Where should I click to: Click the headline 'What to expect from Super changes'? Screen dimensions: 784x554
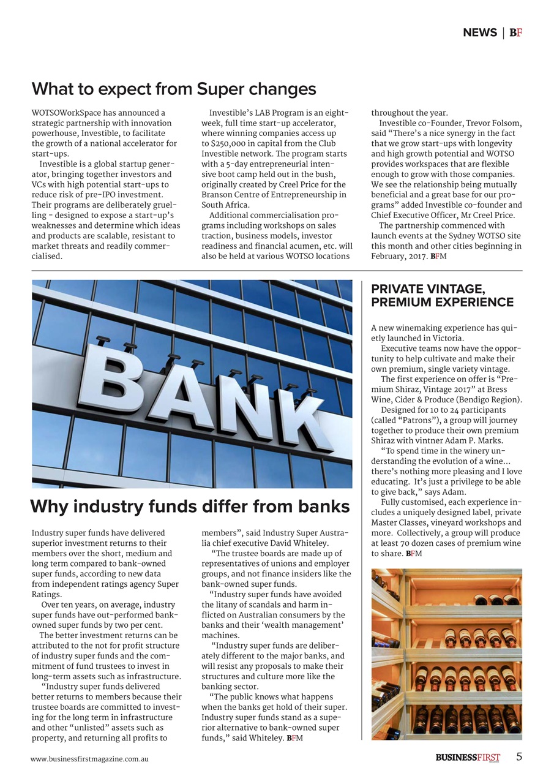174,89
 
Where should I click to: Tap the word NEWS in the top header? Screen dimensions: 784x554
480,32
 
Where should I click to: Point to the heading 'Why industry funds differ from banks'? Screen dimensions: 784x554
190,507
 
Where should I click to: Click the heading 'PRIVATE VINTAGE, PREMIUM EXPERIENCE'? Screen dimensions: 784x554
442,295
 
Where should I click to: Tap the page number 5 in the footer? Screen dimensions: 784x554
519,756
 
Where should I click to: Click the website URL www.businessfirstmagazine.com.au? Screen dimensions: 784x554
90,758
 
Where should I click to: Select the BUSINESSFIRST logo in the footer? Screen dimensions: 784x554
468,758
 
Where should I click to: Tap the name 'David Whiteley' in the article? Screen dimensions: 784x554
299,543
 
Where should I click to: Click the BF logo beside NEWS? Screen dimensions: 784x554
515,32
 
